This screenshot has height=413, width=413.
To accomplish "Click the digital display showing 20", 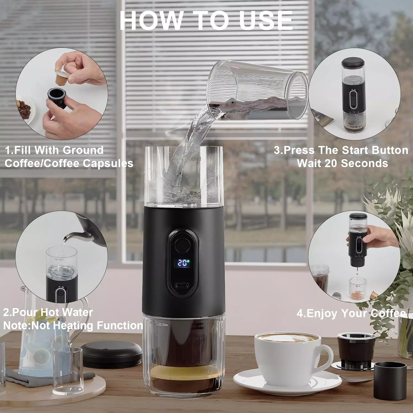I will click(183, 262).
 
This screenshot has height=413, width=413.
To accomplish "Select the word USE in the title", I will click(266, 21).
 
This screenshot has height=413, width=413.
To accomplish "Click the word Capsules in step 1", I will click(108, 164).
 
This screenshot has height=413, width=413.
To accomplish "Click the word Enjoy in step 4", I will click(322, 313).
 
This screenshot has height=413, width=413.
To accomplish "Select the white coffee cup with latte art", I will click(289, 358).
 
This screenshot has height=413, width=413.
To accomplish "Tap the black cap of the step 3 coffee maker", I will click(353, 63).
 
